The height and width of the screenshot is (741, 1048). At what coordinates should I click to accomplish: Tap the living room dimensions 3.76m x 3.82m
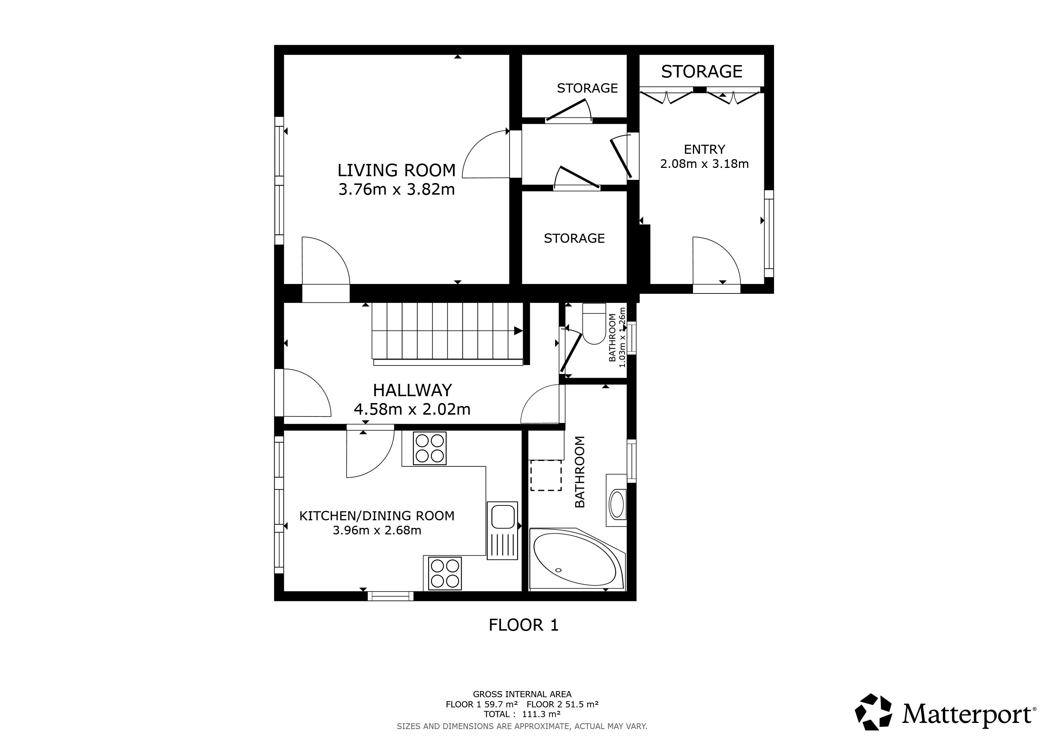pyautogui.click(x=396, y=189)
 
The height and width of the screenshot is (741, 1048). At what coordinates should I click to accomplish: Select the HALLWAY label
pyautogui.click(x=412, y=390)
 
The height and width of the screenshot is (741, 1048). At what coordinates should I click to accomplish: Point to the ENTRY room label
pyautogui.click(x=704, y=149)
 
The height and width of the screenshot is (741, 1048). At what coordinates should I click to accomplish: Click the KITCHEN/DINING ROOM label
pyautogui.click(x=377, y=516)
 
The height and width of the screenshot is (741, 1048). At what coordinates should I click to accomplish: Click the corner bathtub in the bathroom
pyautogui.click(x=577, y=559)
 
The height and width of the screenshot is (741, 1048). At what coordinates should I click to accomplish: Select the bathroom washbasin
pyautogui.click(x=617, y=500)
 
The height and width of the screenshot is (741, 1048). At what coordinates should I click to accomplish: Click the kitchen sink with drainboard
pyautogui.click(x=502, y=530)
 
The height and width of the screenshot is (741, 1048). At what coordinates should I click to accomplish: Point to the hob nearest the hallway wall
pyautogui.click(x=430, y=448)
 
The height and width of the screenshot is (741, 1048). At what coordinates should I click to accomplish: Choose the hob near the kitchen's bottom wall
pyautogui.click(x=445, y=573)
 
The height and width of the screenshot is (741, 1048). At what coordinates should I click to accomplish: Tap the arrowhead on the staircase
pyautogui.click(x=519, y=331)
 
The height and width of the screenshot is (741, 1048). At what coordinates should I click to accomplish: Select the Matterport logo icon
pyautogui.click(x=873, y=715)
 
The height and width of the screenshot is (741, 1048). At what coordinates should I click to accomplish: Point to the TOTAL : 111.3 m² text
pyautogui.click(x=522, y=714)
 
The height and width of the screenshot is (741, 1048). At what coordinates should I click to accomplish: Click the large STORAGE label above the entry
pyautogui.click(x=702, y=72)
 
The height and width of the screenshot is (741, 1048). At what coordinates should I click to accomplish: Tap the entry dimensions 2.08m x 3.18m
pyautogui.click(x=704, y=164)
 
